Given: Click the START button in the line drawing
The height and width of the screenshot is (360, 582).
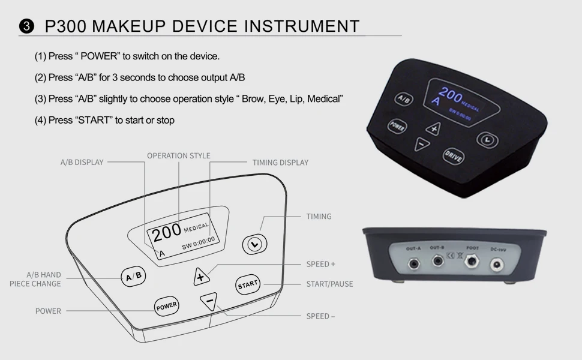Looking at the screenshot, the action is (247, 285).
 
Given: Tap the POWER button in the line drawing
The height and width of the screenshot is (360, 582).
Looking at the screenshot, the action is (166, 305).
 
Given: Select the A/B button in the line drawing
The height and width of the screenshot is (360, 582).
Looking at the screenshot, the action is (134, 276).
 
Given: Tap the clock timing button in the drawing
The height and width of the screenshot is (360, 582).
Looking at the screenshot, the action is (254, 244).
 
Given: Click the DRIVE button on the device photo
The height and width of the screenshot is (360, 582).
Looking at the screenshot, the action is (453, 155).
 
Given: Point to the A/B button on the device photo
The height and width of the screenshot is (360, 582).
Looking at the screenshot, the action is (403, 100).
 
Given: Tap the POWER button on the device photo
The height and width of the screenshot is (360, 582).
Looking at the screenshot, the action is (396, 126).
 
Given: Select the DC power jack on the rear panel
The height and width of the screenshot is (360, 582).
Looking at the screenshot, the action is (497, 264).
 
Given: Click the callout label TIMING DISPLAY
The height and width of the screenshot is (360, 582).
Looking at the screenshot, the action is (280, 163).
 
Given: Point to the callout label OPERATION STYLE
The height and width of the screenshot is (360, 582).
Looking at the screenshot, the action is (179, 156).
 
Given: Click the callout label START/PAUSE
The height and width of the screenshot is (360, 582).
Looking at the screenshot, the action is (329, 284).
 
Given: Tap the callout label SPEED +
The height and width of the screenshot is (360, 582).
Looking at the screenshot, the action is (321, 264).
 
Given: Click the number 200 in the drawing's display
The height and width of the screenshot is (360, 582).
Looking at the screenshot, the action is (166, 230).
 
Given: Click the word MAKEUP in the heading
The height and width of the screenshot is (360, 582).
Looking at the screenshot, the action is (128, 26).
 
